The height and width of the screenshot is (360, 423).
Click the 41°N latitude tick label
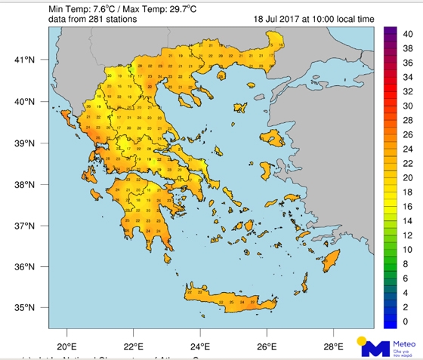click(x=26, y=60)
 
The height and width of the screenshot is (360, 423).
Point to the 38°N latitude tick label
click(x=26, y=185)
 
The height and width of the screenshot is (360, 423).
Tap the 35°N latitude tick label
click(x=26, y=308)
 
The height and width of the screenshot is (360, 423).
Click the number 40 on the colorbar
click(x=408, y=33)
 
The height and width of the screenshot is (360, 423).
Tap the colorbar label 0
click(x=406, y=322)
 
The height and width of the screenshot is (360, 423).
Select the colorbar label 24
click(x=408, y=149)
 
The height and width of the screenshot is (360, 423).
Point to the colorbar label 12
click(x=408, y=235)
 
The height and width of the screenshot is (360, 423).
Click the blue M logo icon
click(x=375, y=347)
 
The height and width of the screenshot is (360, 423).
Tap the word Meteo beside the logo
click(x=405, y=341)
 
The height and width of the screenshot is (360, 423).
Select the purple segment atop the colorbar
click(x=391, y=33)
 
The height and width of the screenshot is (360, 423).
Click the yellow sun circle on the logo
click(x=363, y=340)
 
